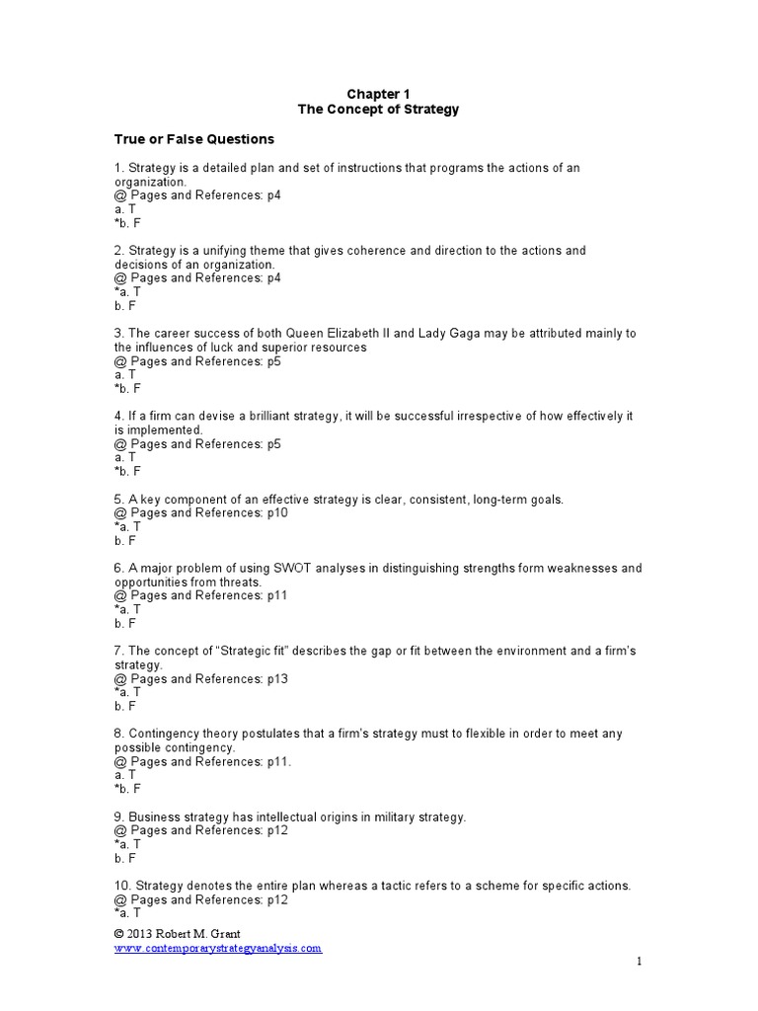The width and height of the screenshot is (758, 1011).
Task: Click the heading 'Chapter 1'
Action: (x=379, y=94)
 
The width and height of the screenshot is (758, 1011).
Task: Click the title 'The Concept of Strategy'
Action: (x=379, y=110)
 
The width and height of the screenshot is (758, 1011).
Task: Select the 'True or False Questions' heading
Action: (x=194, y=139)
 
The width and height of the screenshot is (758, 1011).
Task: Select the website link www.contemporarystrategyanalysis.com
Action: (x=218, y=948)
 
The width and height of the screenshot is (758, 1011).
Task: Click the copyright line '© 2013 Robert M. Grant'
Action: (x=178, y=933)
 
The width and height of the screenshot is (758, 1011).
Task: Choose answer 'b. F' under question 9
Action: (x=125, y=859)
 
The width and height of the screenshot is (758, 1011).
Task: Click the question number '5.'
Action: (x=119, y=500)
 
